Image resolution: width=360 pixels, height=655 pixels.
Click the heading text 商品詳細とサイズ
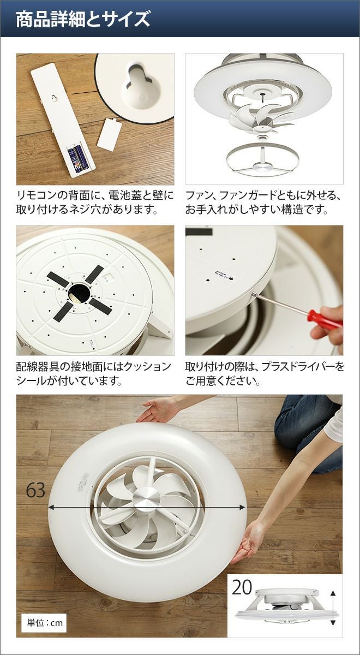[x=83, y=20]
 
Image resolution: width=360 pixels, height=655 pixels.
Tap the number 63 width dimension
[x=35, y=490]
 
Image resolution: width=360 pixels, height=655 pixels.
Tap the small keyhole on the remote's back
[x=55, y=98]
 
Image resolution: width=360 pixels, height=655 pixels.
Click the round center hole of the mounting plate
[x=78, y=293]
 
